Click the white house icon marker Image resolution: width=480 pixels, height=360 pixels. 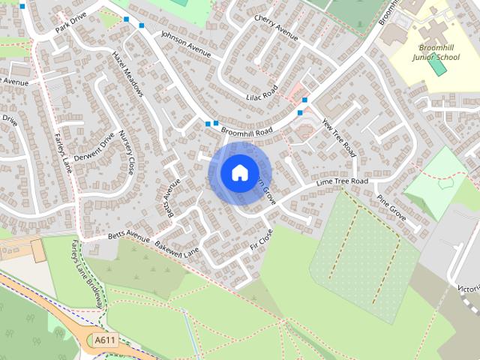click(x=239, y=172)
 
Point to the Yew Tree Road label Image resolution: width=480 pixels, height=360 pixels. click(x=338, y=137)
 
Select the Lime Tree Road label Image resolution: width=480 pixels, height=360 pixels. click(x=343, y=182)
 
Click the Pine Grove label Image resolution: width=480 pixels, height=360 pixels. click(x=391, y=207)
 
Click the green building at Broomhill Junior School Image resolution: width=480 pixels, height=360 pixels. click(x=436, y=67)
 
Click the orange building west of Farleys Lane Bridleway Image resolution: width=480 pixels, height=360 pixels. click(x=38, y=250)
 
